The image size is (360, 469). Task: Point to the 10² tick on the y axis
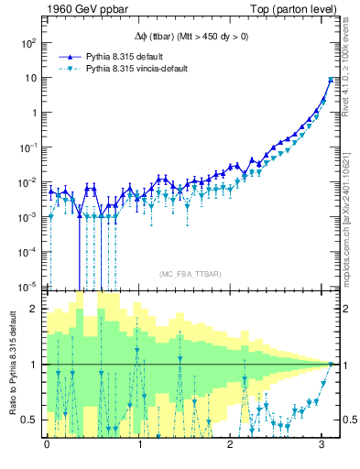30,43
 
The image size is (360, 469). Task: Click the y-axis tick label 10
32,78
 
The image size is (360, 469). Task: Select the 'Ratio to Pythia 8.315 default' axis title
12,362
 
